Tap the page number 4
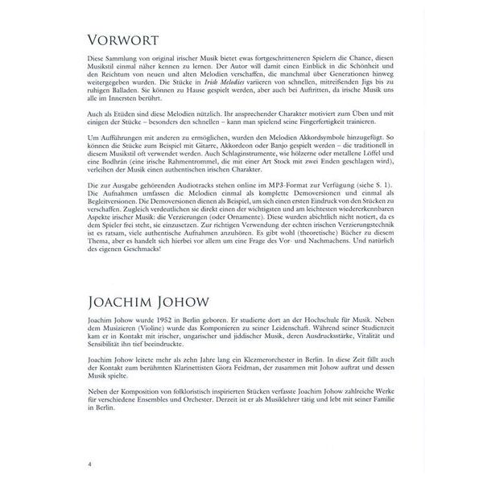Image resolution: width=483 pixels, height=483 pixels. click(91, 464)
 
